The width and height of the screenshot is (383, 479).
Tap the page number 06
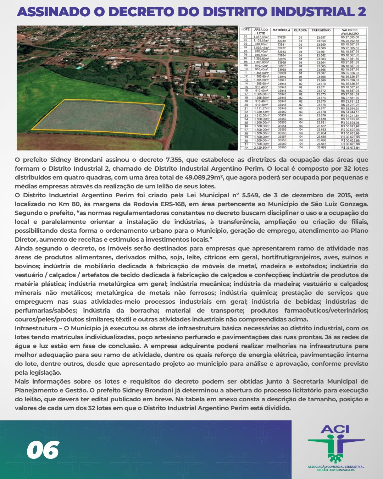(43, 450)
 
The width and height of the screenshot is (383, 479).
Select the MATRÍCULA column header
(281, 30)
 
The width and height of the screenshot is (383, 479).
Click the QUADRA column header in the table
(300, 30)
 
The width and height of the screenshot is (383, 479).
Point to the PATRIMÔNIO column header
(321, 30)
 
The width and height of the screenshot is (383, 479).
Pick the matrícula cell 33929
(282, 37)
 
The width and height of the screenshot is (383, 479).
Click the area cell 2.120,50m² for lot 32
(261, 147)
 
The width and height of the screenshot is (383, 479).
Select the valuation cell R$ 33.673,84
(350, 148)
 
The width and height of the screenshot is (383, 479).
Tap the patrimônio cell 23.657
(321, 37)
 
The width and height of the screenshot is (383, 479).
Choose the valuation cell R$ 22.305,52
(350, 48)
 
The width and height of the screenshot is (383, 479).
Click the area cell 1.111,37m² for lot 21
(261, 108)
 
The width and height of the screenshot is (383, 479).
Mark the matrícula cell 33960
(282, 147)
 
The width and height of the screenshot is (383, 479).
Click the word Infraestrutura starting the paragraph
(36, 328)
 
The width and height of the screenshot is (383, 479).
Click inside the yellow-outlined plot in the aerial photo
(98, 117)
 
